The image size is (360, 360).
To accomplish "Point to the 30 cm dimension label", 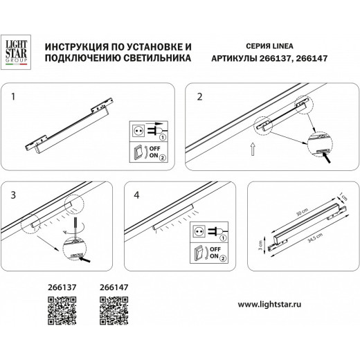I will [x=301, y=210].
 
